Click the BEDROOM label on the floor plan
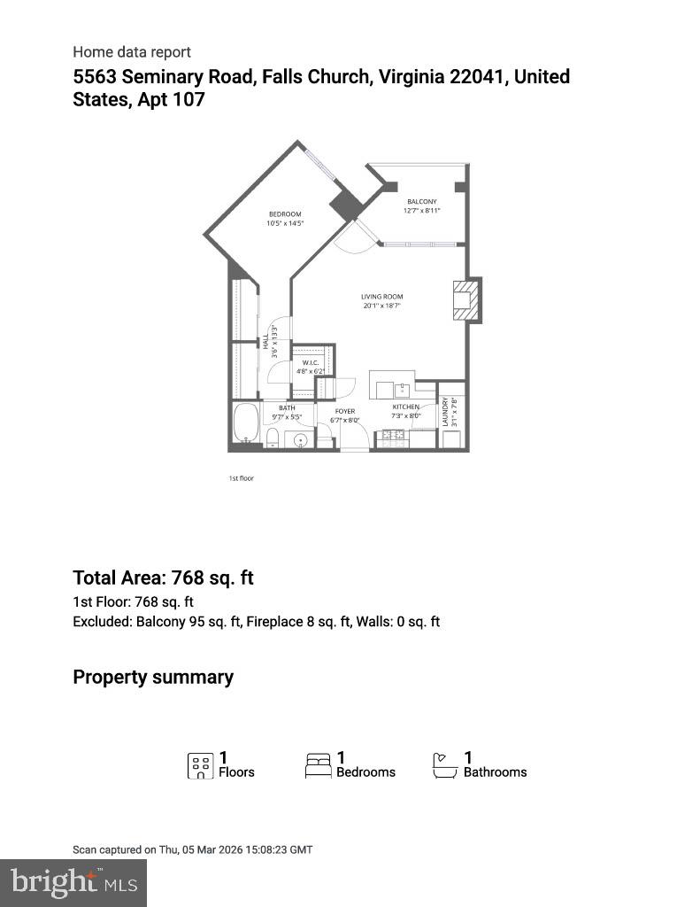(285, 214)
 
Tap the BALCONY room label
(421, 202)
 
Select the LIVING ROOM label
(381, 297)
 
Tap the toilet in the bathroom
(273, 438)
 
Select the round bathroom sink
(301, 438)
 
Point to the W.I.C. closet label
(310, 363)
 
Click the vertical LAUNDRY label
(446, 411)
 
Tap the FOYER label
(344, 411)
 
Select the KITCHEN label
(406, 407)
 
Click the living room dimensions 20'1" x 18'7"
(381, 306)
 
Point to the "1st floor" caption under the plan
(242, 478)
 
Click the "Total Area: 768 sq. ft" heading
(163, 578)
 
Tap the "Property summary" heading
(153, 678)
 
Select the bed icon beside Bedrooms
(319, 765)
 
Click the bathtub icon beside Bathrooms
(445, 765)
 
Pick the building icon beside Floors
(201, 765)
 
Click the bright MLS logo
(74, 882)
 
